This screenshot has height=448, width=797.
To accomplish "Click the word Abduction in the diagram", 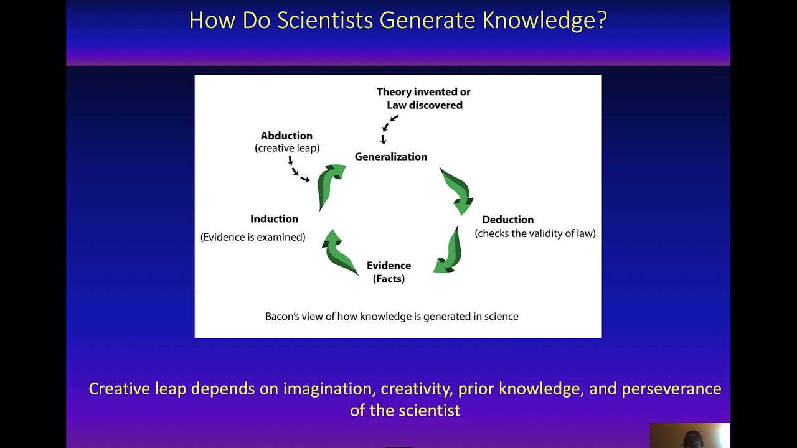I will (x=286, y=136).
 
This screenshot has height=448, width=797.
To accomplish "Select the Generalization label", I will (x=391, y=157).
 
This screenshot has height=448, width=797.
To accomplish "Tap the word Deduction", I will (x=507, y=220).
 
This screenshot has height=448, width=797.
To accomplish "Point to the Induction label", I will (x=274, y=219).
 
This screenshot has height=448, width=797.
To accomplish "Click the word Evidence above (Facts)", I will (x=389, y=266).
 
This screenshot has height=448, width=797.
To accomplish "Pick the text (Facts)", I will (x=389, y=279).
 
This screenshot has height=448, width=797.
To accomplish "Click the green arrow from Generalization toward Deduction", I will (x=458, y=189).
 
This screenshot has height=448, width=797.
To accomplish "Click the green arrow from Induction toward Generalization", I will (x=330, y=184).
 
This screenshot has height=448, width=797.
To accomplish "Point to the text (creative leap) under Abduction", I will (x=287, y=148).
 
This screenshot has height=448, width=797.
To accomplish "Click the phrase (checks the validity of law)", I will (x=535, y=233).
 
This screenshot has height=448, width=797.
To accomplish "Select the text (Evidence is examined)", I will (x=253, y=237).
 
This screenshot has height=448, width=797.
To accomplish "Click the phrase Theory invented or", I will (x=423, y=92).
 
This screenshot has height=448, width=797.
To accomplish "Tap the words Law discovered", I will (x=425, y=105).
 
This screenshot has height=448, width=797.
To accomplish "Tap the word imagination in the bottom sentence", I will (x=328, y=389).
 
